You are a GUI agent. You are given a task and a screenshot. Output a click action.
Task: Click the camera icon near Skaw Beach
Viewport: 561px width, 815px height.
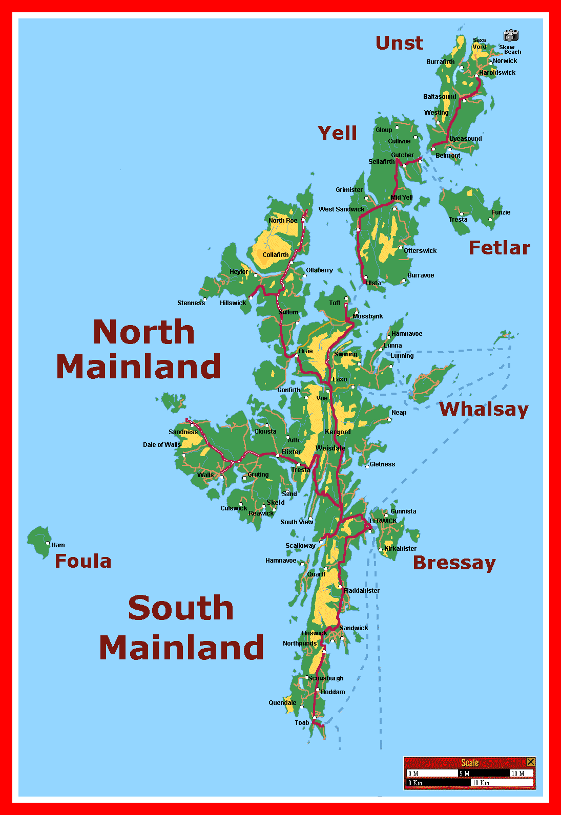pyautogui.click(x=511, y=35)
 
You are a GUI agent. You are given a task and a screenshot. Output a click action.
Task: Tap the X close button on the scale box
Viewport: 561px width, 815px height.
pyautogui.click(x=531, y=762)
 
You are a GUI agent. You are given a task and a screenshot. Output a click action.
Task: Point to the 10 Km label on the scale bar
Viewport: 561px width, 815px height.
pyautogui.click(x=481, y=783)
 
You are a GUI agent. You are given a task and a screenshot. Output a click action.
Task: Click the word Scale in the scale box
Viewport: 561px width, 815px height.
pyautogui.click(x=469, y=763)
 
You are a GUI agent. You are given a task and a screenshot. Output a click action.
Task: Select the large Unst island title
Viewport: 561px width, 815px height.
pyautogui.click(x=400, y=43)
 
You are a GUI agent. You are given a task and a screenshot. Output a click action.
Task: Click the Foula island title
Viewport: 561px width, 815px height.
pyautogui.click(x=83, y=561)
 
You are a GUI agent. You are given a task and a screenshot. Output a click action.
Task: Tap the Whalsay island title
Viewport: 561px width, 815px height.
pyautogui.click(x=484, y=409)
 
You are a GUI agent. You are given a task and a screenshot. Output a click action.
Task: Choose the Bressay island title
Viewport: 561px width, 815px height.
pyautogui.click(x=454, y=563)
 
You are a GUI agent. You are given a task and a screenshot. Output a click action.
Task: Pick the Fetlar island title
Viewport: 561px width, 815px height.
pyautogui.click(x=499, y=248)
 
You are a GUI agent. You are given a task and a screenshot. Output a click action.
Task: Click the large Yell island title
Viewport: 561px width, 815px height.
pyautogui.click(x=337, y=133)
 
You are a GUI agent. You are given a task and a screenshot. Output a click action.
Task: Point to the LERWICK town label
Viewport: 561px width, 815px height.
pyautogui.click(x=383, y=521)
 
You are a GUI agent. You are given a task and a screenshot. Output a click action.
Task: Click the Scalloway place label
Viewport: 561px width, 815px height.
pyautogui.click(x=300, y=546)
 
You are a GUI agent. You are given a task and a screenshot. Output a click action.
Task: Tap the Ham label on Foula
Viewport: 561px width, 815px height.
pyautogui.click(x=58, y=545)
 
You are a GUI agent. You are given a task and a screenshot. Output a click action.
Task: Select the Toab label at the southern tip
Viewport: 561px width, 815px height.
pyautogui.click(x=302, y=723)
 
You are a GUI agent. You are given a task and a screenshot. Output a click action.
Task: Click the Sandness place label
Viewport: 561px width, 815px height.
pyautogui.click(x=183, y=432)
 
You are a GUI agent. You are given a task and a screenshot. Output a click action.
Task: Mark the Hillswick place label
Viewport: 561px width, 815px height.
pyautogui.click(x=233, y=303)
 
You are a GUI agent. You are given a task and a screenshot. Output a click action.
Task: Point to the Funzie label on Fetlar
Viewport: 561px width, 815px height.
pyautogui.click(x=501, y=212)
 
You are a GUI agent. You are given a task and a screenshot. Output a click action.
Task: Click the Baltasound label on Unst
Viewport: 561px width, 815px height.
pyautogui.click(x=439, y=97)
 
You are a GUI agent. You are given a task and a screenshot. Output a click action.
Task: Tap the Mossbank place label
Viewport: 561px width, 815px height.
pyautogui.click(x=367, y=316)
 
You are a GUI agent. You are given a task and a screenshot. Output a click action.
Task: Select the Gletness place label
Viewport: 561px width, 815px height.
pyautogui.click(x=382, y=464)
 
